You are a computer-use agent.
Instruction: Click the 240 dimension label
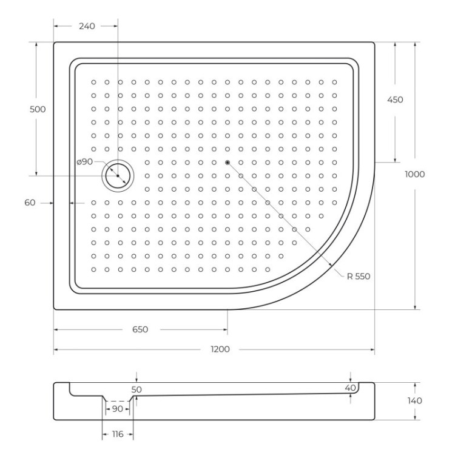click(x=87, y=26)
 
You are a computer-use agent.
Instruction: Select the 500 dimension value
click(x=38, y=109)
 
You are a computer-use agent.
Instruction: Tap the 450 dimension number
click(x=395, y=100)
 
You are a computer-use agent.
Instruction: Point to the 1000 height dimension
click(x=415, y=174)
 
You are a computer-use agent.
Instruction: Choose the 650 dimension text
click(x=140, y=329)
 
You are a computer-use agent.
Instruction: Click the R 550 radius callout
click(x=359, y=276)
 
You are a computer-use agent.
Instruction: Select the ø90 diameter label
click(x=85, y=161)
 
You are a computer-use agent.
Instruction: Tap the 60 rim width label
click(x=30, y=203)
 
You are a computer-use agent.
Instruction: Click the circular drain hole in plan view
click(x=117, y=175)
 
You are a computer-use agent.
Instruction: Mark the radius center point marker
click(x=227, y=162)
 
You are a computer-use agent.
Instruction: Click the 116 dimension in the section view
click(x=118, y=435)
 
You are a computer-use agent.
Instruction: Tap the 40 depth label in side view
click(x=349, y=388)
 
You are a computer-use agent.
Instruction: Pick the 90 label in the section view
click(x=118, y=409)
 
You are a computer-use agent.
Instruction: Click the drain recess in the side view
click(x=118, y=400)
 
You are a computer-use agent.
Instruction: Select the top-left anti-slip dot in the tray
click(x=94, y=81)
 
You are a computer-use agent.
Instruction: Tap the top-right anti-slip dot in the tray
click(x=334, y=81)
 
